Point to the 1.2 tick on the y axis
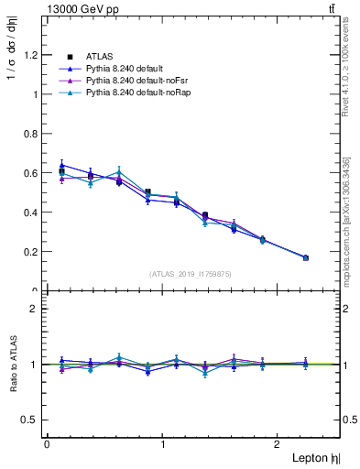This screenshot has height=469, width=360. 32,55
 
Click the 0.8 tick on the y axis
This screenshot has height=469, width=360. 32,134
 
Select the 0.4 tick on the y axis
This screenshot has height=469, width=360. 32,213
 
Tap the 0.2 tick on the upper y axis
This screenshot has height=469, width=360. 32,252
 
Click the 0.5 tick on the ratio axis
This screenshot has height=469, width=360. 32,420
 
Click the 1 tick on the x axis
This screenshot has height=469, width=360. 163,444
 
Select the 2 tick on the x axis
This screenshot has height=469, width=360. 279,444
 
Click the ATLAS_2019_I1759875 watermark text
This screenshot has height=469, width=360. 191,274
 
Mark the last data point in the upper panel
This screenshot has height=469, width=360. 305,257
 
